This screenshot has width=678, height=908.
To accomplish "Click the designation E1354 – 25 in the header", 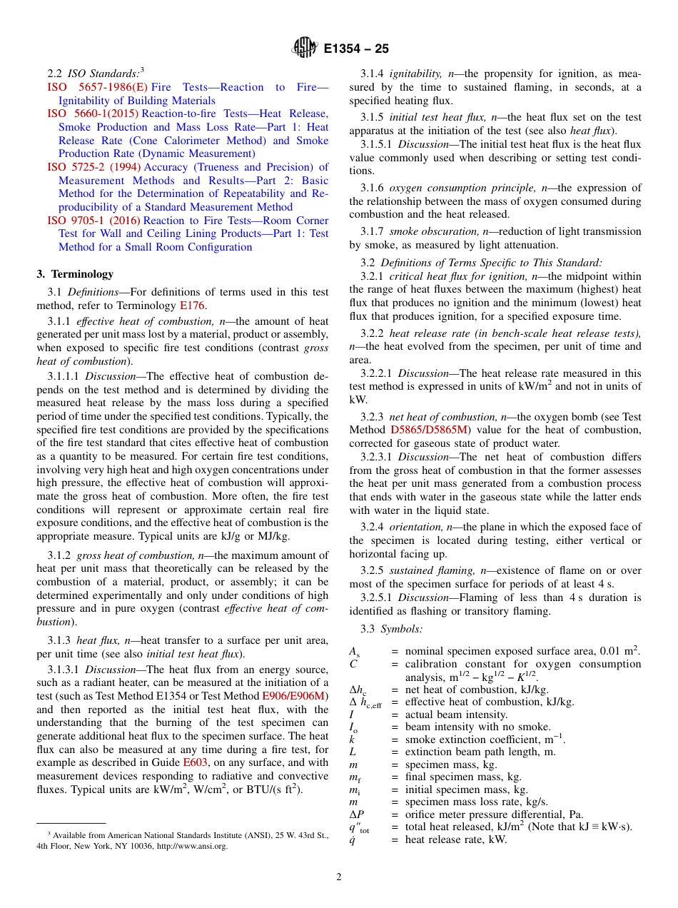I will click(x=355, y=49).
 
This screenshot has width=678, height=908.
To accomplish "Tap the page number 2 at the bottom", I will click(x=339, y=877).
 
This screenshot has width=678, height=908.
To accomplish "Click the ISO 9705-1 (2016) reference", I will click(x=93, y=221).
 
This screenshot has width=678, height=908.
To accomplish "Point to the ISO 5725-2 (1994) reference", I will click(x=94, y=167).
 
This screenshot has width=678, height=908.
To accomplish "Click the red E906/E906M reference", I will click(x=295, y=696).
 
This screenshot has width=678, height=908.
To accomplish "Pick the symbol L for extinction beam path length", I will click(x=353, y=752).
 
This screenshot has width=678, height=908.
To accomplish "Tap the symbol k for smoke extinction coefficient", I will click(x=352, y=739).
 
